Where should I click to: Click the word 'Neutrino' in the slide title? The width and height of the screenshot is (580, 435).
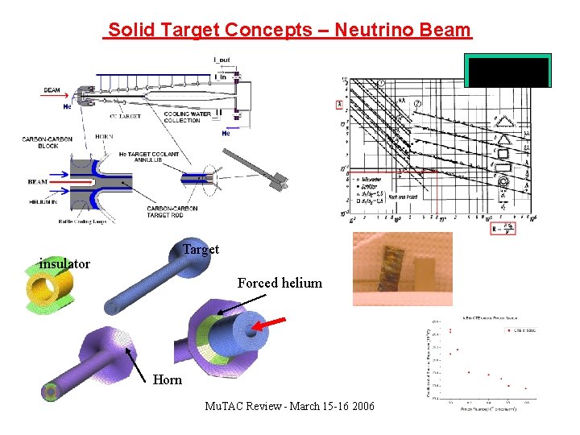(369, 31)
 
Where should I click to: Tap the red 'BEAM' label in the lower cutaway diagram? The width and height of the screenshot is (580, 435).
(37, 182)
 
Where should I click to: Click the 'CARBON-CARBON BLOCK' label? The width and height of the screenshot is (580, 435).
(48, 142)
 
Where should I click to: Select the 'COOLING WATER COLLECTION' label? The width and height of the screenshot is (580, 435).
(182, 118)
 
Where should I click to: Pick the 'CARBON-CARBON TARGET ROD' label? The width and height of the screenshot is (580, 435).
(172, 212)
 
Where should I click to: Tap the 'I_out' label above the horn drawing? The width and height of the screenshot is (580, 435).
(220, 60)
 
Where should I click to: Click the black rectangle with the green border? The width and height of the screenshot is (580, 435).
(507, 71)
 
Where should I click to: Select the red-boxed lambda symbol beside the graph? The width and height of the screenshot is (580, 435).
(339, 105)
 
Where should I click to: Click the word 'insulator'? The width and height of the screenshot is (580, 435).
(64, 263)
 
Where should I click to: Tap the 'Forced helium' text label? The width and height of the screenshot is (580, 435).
(280, 283)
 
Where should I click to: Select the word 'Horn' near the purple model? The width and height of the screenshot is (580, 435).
(168, 379)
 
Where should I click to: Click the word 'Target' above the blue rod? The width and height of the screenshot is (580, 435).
(201, 249)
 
